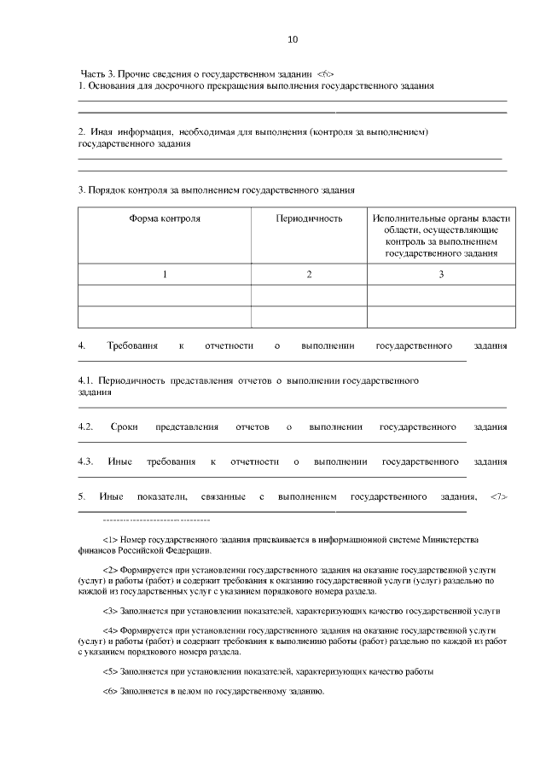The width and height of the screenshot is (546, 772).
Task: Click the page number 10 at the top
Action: point(293,39)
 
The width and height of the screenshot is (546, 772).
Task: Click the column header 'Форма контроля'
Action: point(165,218)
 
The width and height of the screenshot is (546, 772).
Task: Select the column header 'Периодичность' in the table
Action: point(309,218)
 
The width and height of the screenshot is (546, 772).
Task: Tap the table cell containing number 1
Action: point(165,274)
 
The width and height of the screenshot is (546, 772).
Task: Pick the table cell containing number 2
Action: point(309,274)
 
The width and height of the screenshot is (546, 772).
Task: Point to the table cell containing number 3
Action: point(441,274)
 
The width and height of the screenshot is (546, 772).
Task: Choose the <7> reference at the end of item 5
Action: point(499,496)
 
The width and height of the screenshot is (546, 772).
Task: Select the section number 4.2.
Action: point(85,427)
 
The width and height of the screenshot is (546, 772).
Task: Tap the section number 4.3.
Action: point(85,461)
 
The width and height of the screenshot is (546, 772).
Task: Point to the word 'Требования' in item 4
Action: point(132,345)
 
